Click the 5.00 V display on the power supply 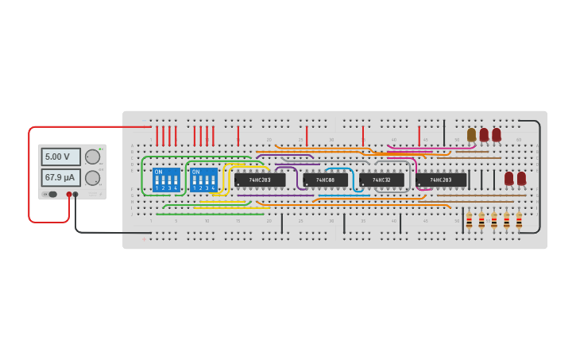[x=60, y=157]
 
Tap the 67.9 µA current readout [x=60, y=177]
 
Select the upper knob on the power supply [x=93, y=157]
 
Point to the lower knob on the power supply [x=93, y=177]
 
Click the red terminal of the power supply [x=69, y=194]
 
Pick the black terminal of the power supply [x=75, y=194]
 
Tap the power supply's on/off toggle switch [x=52, y=194]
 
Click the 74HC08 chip [x=325, y=180]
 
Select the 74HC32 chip [x=381, y=180]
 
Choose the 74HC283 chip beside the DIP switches [x=260, y=180]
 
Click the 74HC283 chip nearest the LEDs [x=441, y=180]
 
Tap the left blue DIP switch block [x=166, y=180]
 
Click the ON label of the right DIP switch [x=195, y=172]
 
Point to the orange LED [x=471, y=134]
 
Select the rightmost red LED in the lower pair [x=521, y=178]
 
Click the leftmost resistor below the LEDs [x=469, y=220]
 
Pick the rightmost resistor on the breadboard [x=519, y=220]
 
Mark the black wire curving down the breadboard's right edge [x=539, y=175]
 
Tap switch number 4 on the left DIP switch [x=176, y=182]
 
